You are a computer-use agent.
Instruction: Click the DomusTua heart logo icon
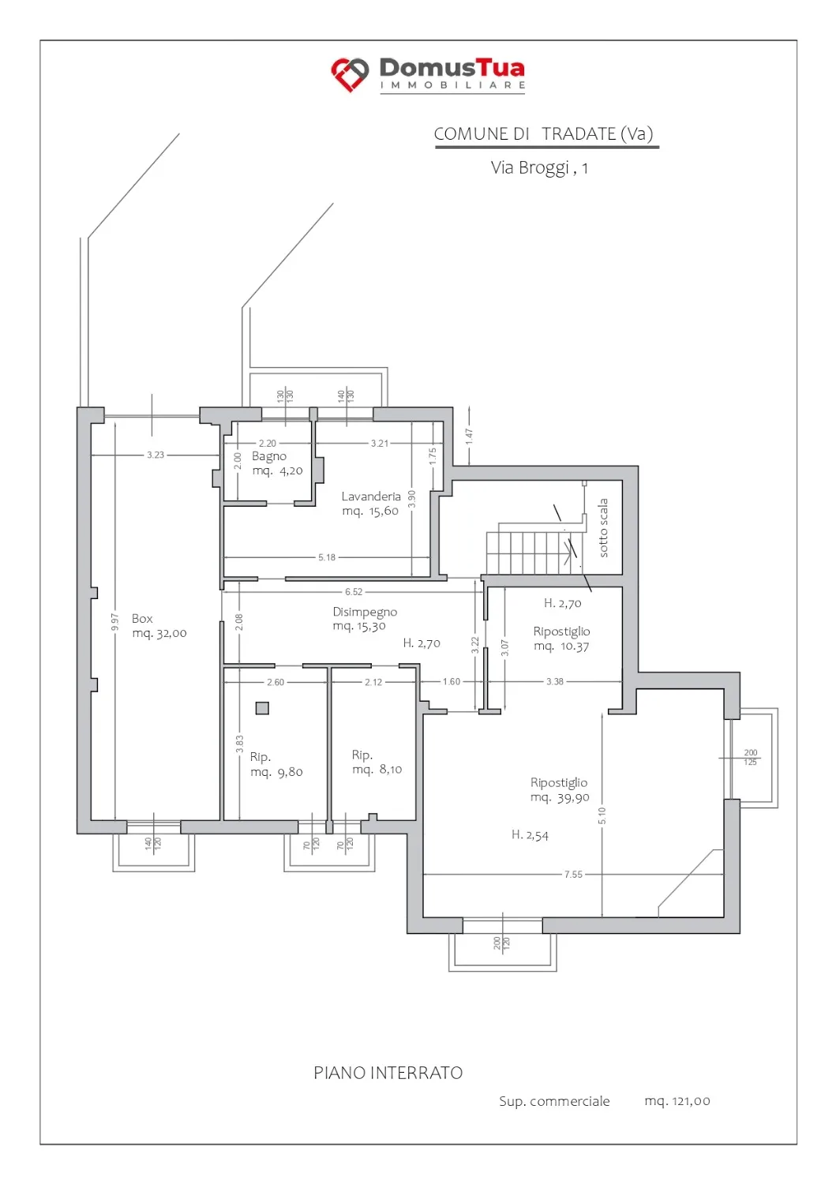(350, 74)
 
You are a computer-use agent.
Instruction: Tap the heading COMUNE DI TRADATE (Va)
(544, 134)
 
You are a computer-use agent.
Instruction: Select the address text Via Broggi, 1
(539, 168)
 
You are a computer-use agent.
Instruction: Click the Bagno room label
(269, 456)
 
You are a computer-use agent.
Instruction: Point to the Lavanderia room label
(371, 496)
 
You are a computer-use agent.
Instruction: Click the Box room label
(142, 618)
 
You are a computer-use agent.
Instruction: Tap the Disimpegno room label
(365, 612)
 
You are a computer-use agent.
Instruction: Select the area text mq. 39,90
(560, 797)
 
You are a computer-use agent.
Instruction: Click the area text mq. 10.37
(561, 646)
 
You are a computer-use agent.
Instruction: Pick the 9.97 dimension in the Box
(115, 622)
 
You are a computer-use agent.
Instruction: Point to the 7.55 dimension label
(573, 875)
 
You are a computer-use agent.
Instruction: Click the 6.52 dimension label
(354, 592)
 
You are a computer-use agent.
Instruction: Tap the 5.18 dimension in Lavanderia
(327, 557)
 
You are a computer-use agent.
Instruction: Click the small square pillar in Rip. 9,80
(262, 708)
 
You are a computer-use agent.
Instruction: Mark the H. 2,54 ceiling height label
(530, 835)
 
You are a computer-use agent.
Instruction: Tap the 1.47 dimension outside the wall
(469, 437)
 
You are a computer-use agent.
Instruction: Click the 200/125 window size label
(751, 757)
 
